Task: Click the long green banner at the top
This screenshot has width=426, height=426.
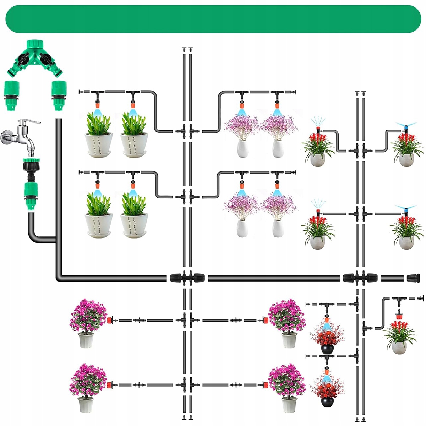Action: click(x=213, y=19)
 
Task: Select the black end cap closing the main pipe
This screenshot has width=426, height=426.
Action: click(x=413, y=278)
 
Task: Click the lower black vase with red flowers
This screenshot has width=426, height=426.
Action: click(x=327, y=401)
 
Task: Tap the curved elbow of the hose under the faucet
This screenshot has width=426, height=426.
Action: click(x=34, y=236)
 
